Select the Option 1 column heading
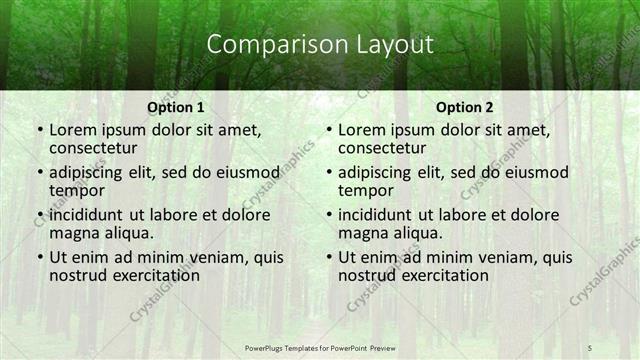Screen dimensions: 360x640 176,107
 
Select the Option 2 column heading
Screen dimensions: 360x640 465,107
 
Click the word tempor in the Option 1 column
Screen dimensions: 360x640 76,191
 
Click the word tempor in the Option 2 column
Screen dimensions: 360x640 365,191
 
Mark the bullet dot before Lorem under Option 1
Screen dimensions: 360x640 40,131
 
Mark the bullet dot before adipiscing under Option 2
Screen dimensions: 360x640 329,173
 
